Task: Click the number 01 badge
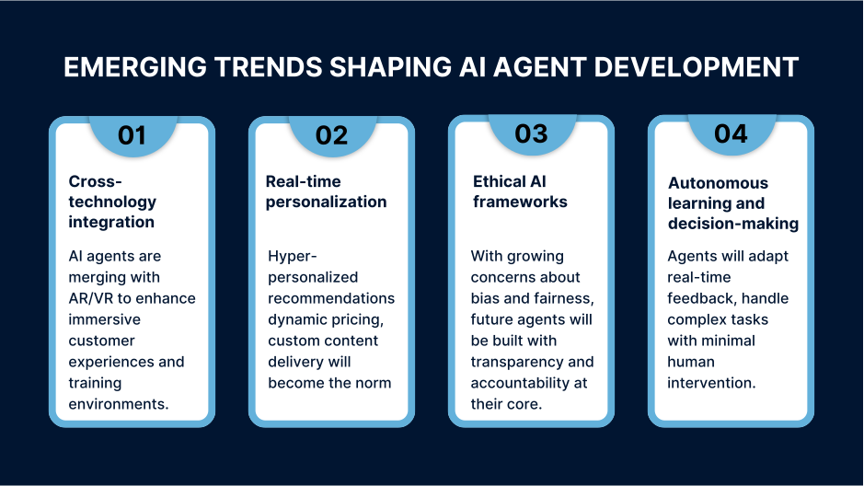click(132, 135)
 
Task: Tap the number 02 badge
click(331, 135)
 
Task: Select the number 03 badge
click(531, 134)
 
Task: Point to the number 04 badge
click(731, 134)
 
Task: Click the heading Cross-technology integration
click(112, 202)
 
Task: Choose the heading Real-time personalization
click(326, 191)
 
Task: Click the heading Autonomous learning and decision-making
click(732, 202)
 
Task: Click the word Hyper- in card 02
click(292, 256)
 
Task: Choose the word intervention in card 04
click(711, 382)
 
